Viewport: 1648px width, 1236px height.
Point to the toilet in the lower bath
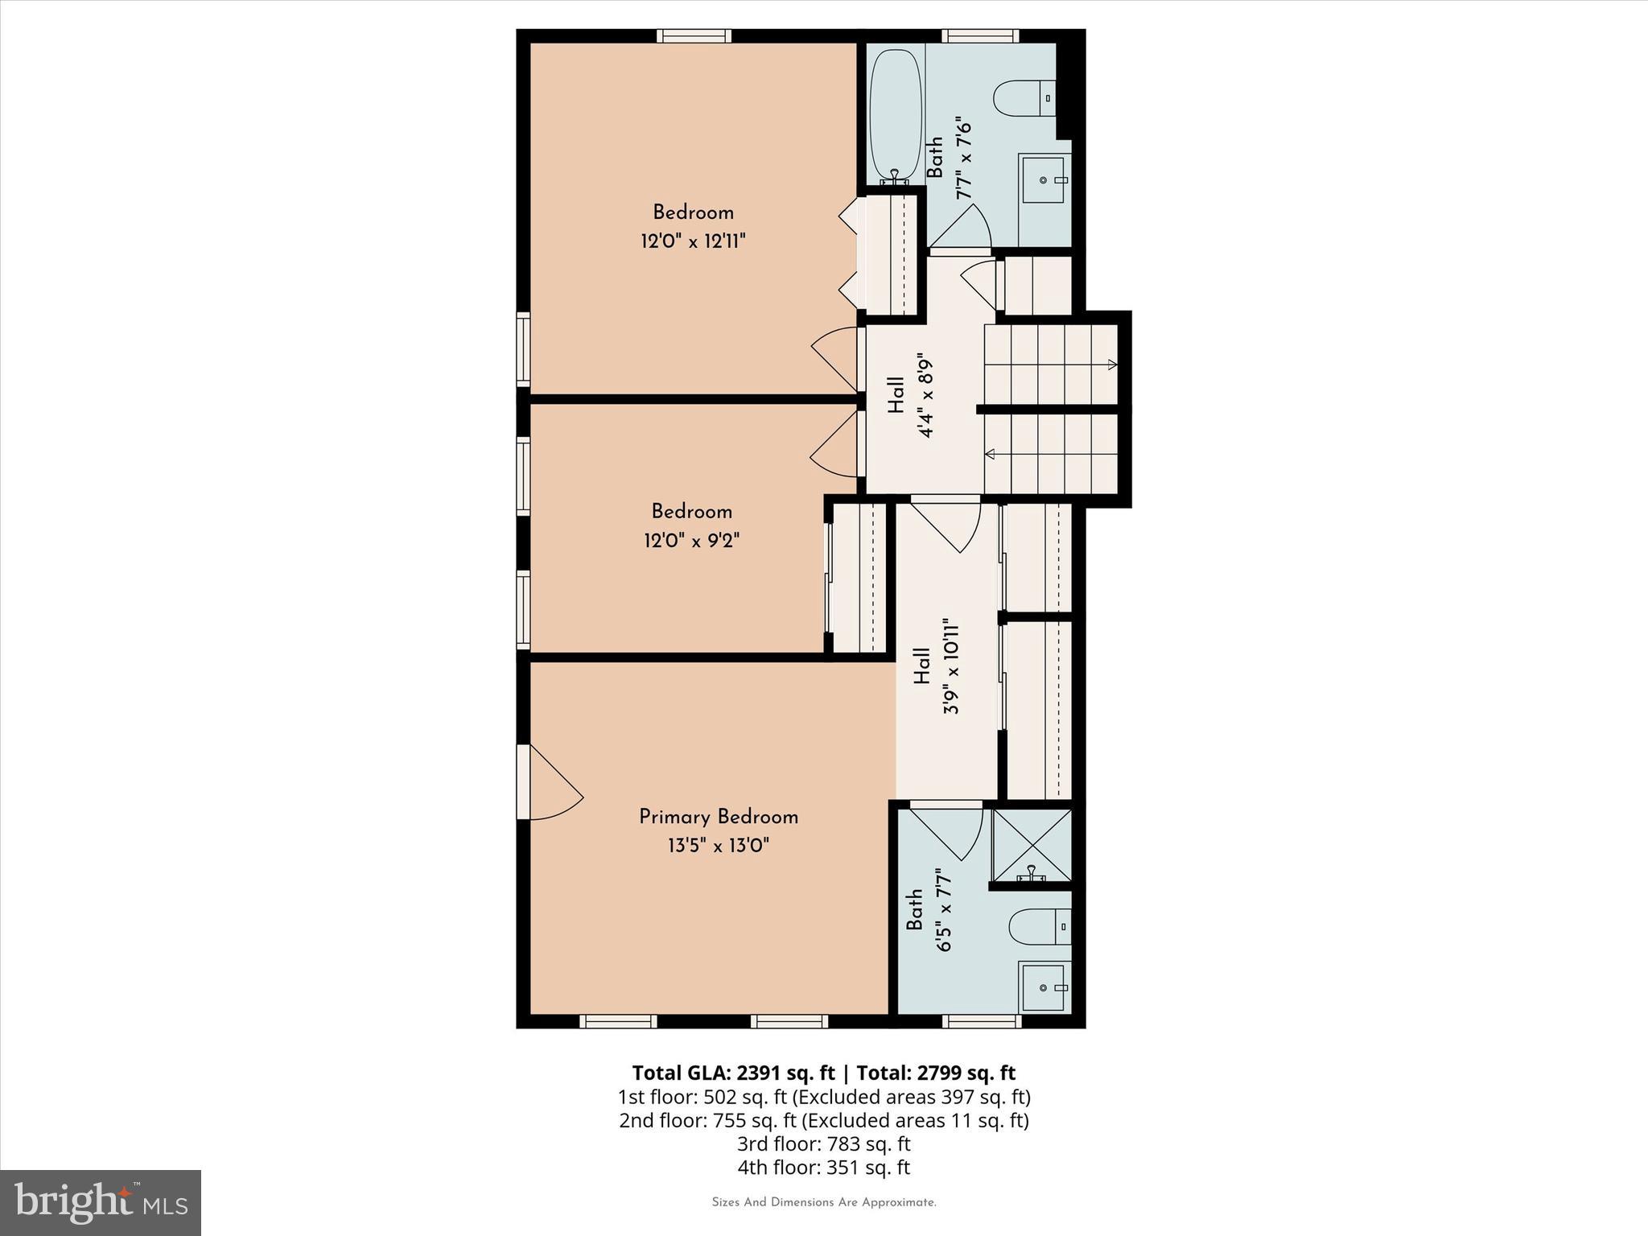pos(1038,927)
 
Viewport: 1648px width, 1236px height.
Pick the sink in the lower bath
pos(1044,987)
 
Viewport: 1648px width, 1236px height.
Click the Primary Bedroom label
pos(718,817)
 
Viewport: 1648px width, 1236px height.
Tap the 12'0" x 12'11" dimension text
pos(693,241)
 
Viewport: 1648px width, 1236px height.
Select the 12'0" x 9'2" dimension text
pos(691,539)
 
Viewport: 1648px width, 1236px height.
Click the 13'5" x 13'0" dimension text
pos(718,846)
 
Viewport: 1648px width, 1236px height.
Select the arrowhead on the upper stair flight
pos(1112,365)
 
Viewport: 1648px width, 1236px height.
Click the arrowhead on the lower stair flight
pos(991,455)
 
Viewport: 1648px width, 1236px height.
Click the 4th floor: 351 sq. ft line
pos(823,1168)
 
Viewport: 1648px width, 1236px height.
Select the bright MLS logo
pos(101,1202)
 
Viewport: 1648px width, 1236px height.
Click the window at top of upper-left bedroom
pos(694,35)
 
